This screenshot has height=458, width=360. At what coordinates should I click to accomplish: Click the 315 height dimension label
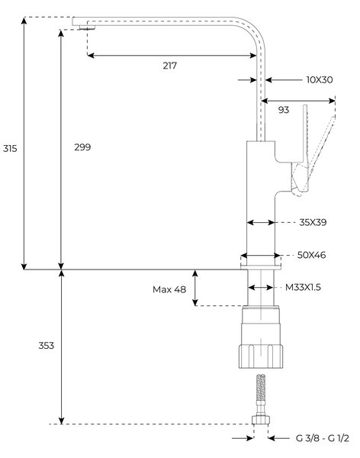[x=10, y=148]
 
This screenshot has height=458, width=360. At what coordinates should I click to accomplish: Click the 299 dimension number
[x=82, y=147]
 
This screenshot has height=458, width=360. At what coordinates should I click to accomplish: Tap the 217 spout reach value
[x=169, y=66]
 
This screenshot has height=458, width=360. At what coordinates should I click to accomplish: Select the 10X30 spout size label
[x=320, y=79]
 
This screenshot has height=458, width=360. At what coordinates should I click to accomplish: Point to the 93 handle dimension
[x=284, y=110]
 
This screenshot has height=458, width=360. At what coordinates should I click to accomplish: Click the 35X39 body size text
[x=313, y=222]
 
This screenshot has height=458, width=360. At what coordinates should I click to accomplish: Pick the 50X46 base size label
[x=311, y=255]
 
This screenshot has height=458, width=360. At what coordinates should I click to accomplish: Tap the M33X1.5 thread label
[x=303, y=288]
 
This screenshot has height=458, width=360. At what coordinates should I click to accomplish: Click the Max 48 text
[x=169, y=289]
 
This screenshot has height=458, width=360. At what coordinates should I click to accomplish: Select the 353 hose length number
[x=46, y=346]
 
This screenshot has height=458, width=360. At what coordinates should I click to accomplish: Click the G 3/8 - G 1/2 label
[x=322, y=438]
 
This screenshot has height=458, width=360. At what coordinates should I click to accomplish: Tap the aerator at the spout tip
[x=87, y=27]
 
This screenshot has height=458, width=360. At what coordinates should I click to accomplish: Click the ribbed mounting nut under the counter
[x=260, y=356]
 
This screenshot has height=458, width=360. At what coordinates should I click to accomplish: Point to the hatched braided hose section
[x=261, y=387]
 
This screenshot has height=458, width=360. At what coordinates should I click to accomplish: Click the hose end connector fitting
[x=261, y=420]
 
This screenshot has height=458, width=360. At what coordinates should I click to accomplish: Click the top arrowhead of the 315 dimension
[x=24, y=20]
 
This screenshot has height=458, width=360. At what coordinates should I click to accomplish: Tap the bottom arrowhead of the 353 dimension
[x=61, y=421]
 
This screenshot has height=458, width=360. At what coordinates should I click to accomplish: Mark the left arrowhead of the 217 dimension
[x=91, y=55]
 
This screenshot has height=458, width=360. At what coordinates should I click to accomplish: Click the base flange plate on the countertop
[x=261, y=266]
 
